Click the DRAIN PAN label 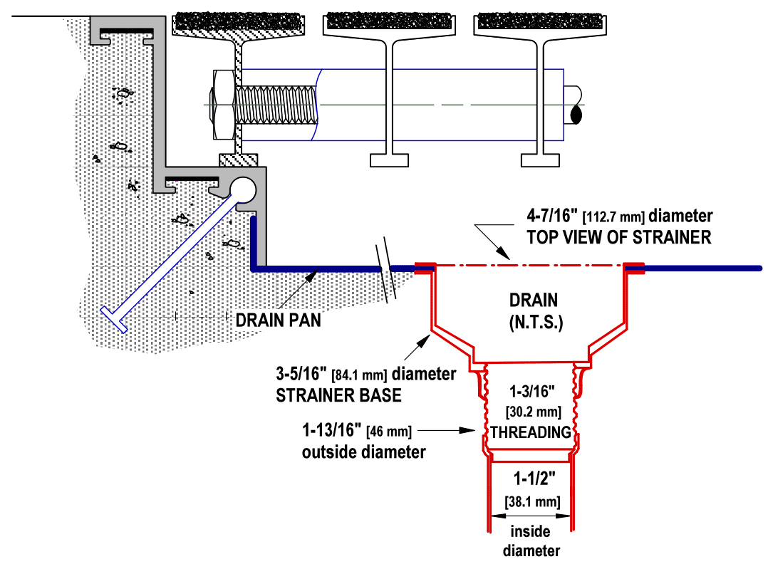point(278,320)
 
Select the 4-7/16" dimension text point(551,215)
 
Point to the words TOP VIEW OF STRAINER point(618,237)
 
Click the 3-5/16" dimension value point(301,374)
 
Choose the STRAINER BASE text point(338,395)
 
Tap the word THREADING point(531,432)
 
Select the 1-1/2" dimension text point(534,478)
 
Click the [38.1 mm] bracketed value point(532,502)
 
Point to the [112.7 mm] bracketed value point(613,216)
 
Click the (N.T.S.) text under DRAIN point(536,323)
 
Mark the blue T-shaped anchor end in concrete point(114,319)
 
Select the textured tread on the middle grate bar point(389,21)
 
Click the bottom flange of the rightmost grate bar point(540,160)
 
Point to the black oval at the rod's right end point(576,115)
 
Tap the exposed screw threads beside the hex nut point(276,105)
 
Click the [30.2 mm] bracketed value point(534,412)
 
